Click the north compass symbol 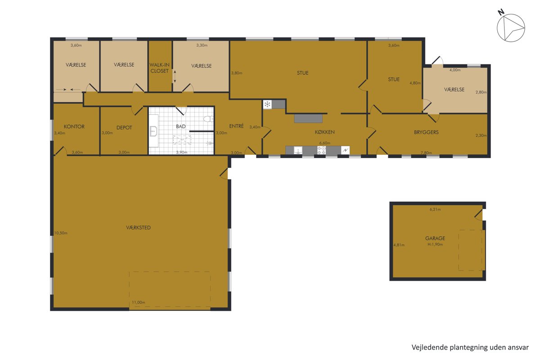(511, 27)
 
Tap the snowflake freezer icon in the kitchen (267, 104)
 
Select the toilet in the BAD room (208, 119)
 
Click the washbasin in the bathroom (153, 131)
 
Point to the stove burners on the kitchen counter (321, 150)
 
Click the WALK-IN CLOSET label (159, 68)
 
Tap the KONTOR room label (74, 126)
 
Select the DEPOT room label (124, 127)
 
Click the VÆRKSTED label (139, 227)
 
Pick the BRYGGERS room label (426, 132)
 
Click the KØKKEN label (324, 132)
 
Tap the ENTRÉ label (236, 126)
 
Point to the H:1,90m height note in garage (435, 244)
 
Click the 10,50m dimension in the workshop (61, 233)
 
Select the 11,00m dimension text (139, 302)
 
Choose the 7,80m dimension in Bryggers (426, 153)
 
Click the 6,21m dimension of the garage (435, 209)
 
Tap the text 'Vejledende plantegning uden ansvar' (470, 347)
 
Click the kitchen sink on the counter (298, 150)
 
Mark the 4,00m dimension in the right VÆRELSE (455, 70)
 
